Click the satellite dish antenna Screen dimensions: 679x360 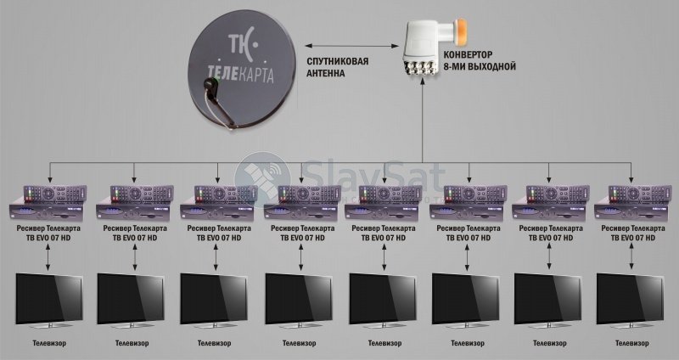click(x=239, y=70)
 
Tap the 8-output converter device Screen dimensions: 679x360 click(x=431, y=48)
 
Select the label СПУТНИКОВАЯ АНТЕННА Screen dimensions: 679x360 click(x=337, y=67)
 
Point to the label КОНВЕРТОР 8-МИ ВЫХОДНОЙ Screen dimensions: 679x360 click(x=480, y=61)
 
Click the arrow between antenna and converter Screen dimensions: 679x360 click(x=351, y=45)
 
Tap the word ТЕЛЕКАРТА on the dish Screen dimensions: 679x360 click(x=240, y=73)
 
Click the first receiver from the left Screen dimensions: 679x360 click(x=48, y=203)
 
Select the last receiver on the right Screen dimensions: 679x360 click(x=631, y=203)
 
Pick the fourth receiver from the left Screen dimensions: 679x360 click(x=302, y=203)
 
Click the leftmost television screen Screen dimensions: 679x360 click(x=49, y=300)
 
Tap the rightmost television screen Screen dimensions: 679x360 click(x=630, y=300)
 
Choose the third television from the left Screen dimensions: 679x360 click(x=214, y=300)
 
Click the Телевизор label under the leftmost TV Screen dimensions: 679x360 click(x=49, y=344)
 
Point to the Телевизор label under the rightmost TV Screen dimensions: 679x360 click(x=632, y=344)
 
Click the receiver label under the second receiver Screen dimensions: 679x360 click(x=135, y=233)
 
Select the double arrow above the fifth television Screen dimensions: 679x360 click(x=384, y=258)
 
